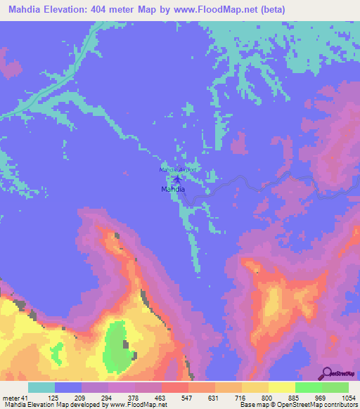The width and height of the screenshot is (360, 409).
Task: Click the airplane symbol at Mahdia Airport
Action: tap(176, 179)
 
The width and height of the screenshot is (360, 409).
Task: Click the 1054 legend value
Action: tap(349, 397)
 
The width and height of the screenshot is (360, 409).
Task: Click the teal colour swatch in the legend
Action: tap(41, 387)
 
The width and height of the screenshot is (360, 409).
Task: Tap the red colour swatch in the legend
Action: tap(174, 387)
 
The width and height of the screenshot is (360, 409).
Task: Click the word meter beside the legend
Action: tap(10, 397)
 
